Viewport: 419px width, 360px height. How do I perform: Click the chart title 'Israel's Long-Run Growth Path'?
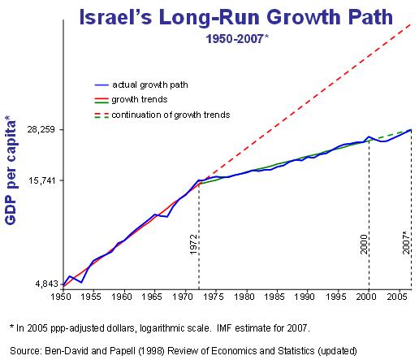(x=235, y=17)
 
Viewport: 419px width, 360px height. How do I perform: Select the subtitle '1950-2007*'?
(x=237, y=39)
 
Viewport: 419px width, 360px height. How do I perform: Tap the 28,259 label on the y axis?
(x=41, y=129)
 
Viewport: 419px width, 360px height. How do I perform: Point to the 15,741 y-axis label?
(x=41, y=180)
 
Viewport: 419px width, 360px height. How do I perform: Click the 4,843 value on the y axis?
(x=46, y=284)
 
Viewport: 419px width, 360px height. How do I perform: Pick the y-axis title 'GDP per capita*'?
(x=11, y=170)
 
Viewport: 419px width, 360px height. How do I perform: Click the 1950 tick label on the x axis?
(x=61, y=297)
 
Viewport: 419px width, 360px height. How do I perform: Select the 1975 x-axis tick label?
(x=214, y=297)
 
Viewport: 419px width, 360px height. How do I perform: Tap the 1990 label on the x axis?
(x=305, y=297)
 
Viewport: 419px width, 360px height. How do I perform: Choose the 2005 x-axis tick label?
(x=397, y=297)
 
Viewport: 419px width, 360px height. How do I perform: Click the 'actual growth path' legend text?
(x=150, y=85)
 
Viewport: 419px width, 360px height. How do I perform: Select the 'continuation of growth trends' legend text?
(x=171, y=115)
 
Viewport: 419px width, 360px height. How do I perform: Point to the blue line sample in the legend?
(x=102, y=85)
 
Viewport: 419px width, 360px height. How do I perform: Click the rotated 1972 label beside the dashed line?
(x=193, y=245)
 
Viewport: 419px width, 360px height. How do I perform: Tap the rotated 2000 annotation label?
(x=364, y=245)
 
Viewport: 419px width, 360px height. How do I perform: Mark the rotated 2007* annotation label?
(x=406, y=243)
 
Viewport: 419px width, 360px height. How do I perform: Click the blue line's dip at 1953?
(x=81, y=282)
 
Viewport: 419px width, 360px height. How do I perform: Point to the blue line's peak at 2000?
(x=369, y=137)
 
